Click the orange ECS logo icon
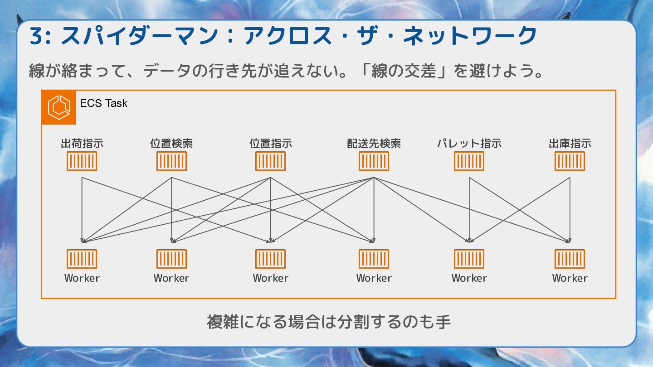tap(59, 107)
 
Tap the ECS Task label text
tap(103, 103)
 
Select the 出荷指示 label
tap(82, 144)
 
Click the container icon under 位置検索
tap(171, 161)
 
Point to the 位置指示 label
tap(271, 144)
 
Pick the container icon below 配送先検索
tap(374, 161)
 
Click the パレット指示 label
tap(469, 144)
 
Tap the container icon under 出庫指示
tap(570, 161)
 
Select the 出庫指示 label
tap(570, 144)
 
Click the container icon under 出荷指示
tap(82, 161)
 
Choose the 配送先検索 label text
tap(374, 144)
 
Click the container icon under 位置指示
tap(271, 161)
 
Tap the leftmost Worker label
tap(82, 278)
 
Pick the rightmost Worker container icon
tap(570, 259)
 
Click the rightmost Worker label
tap(570, 278)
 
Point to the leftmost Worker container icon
tap(82, 259)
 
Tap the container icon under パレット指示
tap(469, 161)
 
